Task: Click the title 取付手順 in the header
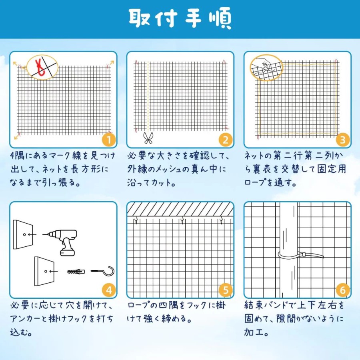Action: (x=180, y=18)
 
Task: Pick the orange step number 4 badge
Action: (x=108, y=290)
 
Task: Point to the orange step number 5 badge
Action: (x=226, y=290)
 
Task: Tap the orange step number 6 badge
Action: (x=342, y=290)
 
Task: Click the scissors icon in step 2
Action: (x=148, y=138)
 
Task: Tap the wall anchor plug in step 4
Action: (x=76, y=272)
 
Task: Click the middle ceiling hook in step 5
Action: (x=182, y=221)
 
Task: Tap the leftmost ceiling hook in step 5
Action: (x=136, y=221)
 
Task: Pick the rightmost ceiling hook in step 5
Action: (x=221, y=221)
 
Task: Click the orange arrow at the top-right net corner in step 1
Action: (x=111, y=63)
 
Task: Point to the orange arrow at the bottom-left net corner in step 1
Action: (x=17, y=137)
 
